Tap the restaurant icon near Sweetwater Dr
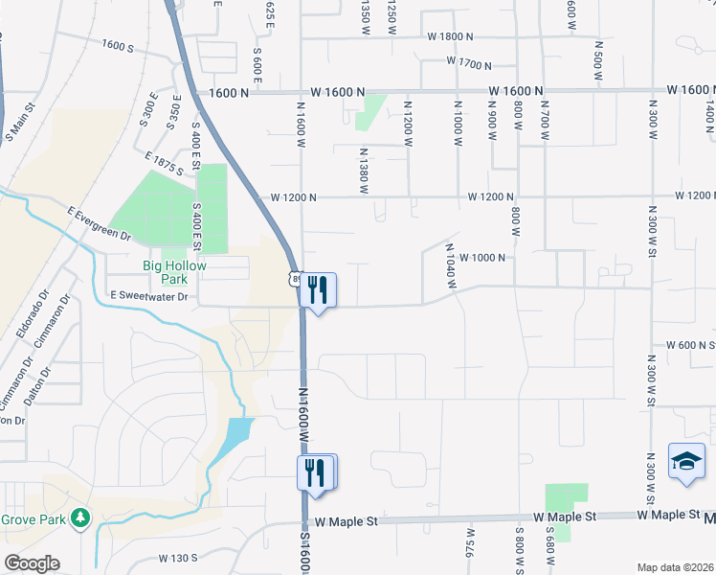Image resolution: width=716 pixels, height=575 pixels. [x=318, y=289]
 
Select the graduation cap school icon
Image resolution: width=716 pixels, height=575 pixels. [x=686, y=462]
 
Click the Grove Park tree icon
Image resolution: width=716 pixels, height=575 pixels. [x=82, y=518]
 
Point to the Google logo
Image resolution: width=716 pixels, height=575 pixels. [x=32, y=563]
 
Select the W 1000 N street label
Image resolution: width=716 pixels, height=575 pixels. [x=487, y=258]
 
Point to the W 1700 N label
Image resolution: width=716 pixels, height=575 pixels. [x=468, y=63]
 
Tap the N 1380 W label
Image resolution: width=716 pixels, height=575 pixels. [x=364, y=171]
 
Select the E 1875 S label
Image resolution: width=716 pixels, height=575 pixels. [x=164, y=162]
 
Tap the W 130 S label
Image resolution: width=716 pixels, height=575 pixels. [x=178, y=558]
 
